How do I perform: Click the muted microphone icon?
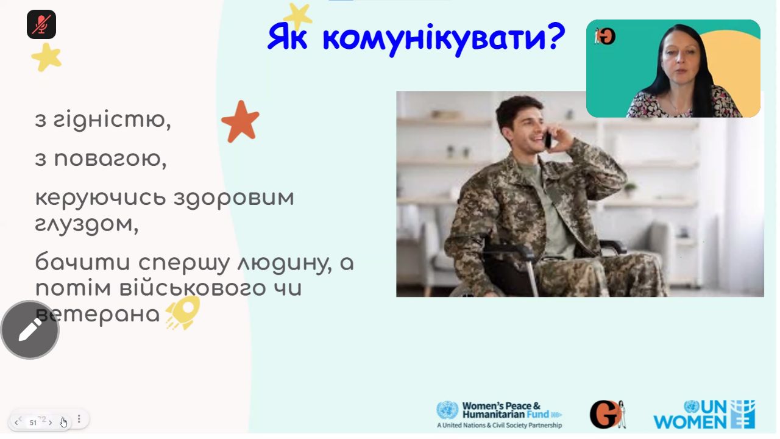[41, 24]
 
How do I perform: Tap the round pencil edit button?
[30, 330]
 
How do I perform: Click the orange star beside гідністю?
[241, 121]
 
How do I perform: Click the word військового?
[192, 288]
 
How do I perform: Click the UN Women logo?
[704, 415]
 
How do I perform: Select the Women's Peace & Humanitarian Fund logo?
[499, 415]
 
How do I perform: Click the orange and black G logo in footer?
[608, 414]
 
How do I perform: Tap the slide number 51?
[33, 423]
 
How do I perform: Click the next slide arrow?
[51, 423]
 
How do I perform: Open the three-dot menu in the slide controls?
[79, 419]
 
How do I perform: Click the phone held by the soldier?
[548, 140]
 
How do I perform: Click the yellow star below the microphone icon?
[47, 57]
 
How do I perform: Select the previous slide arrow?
[16, 423]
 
